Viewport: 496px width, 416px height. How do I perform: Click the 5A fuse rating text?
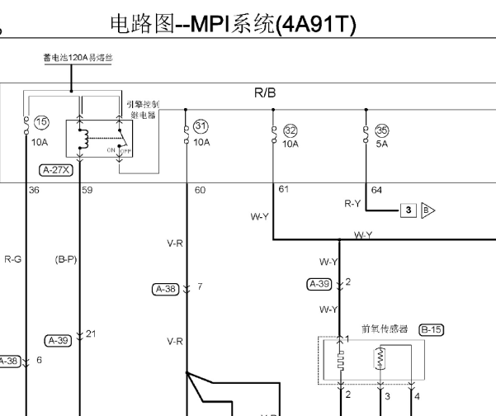coord(380,143)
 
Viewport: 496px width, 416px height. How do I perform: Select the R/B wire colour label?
coord(265,94)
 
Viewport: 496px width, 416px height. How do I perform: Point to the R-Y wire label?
coord(353,202)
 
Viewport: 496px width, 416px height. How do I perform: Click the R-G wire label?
coord(13,259)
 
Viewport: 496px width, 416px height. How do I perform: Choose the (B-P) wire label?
coord(65,259)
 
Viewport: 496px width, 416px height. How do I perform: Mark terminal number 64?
coord(376,191)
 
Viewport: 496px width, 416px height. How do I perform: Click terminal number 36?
coord(34,191)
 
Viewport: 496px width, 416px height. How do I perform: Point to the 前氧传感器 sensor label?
coord(385,329)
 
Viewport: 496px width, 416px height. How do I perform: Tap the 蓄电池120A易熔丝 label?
coord(78,58)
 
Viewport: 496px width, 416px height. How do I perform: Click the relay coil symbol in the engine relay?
coord(81,140)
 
